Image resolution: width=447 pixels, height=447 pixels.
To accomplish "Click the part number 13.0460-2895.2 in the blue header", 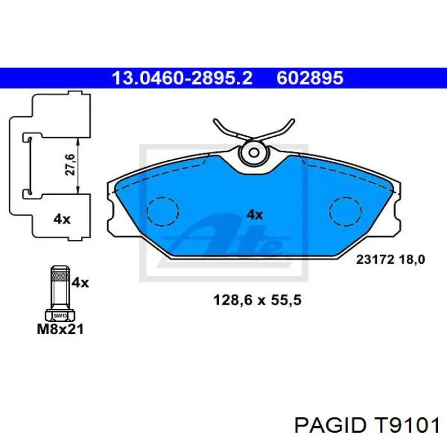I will pyautogui.click(x=182, y=78).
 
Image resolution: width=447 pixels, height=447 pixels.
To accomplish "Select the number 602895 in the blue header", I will pyautogui.click(x=310, y=78).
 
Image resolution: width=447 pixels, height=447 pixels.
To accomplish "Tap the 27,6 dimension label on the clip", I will pyautogui.click(x=71, y=165).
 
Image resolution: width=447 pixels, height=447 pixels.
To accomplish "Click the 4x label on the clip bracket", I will pyautogui.click(x=61, y=219).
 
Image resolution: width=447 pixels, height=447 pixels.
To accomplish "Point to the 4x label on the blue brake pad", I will pyautogui.click(x=255, y=215).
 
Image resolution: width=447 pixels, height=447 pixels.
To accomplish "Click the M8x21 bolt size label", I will pyautogui.click(x=60, y=330).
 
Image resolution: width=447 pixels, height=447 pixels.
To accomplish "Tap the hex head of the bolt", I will pyautogui.click(x=60, y=315).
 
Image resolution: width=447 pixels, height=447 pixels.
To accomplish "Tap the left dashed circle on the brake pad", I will pyautogui.click(x=163, y=211).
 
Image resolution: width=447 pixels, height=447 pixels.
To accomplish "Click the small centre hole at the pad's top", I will pyautogui.click(x=254, y=153).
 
